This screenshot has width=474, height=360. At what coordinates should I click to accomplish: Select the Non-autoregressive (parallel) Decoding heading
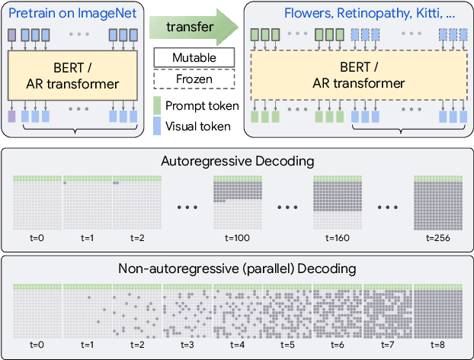(x=237, y=268)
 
